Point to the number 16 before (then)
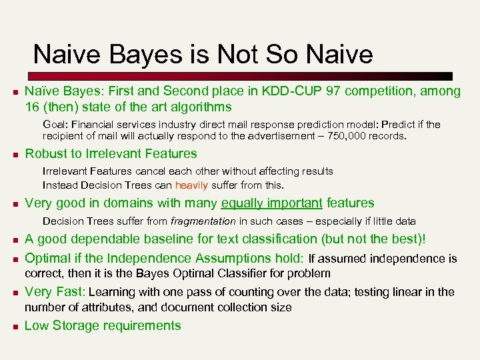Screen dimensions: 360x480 click(x=32, y=107)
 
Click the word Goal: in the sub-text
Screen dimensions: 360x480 click(x=57, y=125)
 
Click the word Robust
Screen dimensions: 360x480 click(x=45, y=154)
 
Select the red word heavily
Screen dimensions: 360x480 click(x=191, y=185)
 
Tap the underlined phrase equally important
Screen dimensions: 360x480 click(x=272, y=203)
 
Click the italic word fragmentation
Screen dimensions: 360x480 click(x=203, y=221)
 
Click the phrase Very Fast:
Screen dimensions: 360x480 click(x=55, y=291)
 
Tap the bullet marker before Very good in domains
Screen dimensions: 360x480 click(x=11, y=204)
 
